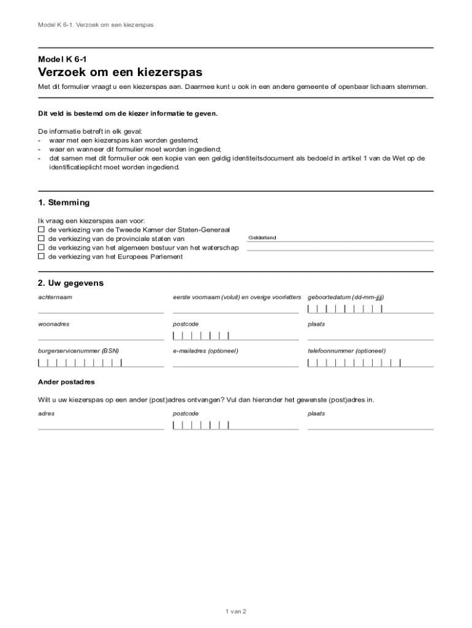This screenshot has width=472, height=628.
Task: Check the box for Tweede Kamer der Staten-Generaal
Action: coord(41,229)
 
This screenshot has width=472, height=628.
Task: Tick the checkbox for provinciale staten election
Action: coord(41,239)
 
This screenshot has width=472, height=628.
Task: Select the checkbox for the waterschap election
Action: coord(41,248)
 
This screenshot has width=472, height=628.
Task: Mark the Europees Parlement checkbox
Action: coord(41,257)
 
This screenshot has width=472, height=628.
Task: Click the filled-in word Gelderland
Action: coord(262,237)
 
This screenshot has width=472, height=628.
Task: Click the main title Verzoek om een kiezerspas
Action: coord(121,72)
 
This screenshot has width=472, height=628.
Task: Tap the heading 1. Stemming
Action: coord(64,202)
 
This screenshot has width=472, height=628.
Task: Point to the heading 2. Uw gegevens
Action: coord(70,283)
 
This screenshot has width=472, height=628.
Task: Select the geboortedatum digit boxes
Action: coord(345,308)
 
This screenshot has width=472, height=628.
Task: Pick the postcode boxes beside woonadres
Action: coord(201,335)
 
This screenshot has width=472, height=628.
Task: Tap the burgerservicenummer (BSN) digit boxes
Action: coord(80,362)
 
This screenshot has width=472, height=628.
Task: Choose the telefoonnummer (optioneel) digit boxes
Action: coord(354,362)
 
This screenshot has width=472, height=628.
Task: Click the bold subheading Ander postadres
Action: coord(66,382)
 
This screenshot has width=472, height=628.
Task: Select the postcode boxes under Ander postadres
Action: coord(201,425)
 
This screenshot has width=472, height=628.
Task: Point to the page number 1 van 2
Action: coord(236,611)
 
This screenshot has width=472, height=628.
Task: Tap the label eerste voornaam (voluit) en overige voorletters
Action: coord(237,297)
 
